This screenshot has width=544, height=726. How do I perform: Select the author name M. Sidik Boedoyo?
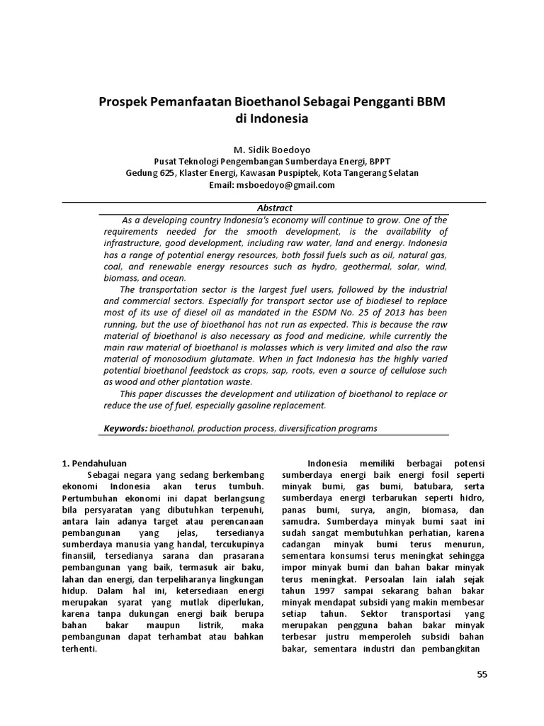272,150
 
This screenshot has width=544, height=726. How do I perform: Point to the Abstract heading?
273,208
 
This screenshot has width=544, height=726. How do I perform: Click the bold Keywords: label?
125,428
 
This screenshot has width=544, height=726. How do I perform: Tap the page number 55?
482,674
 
